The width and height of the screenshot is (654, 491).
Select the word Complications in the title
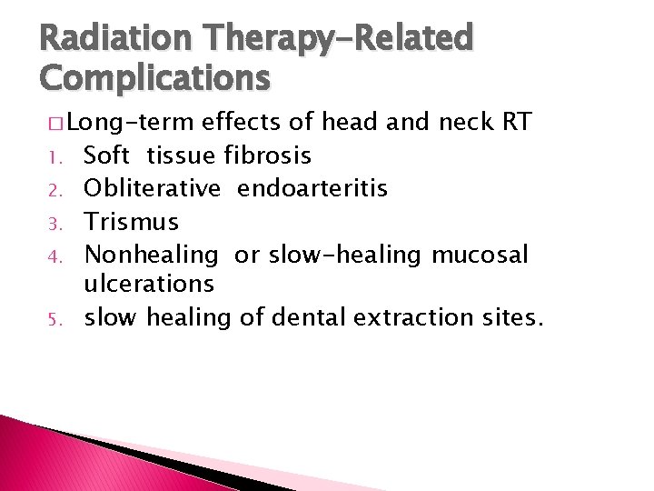(x=154, y=77)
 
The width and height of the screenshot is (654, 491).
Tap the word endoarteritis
(x=312, y=188)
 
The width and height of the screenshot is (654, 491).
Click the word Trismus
(x=132, y=222)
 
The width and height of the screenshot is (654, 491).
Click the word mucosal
(x=480, y=255)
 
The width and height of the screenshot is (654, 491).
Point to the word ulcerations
(x=149, y=284)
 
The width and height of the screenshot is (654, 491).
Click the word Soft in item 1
(x=106, y=155)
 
